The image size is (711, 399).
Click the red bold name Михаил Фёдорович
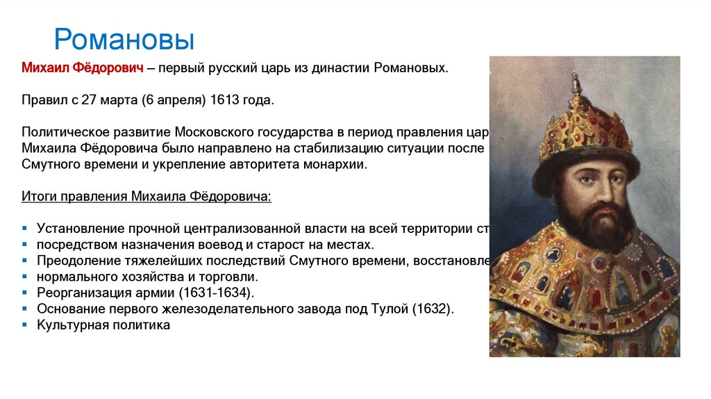(82, 68)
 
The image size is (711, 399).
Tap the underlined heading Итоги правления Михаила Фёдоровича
(147, 197)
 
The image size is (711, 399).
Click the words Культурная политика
(103, 325)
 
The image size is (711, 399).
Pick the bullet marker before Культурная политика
(24, 325)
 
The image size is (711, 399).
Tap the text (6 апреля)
(172, 100)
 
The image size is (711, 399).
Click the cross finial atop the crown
(575, 81)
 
